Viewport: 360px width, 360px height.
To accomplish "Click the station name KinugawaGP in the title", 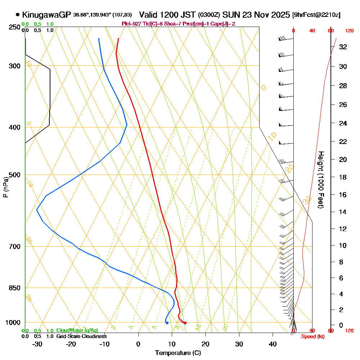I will [46, 15].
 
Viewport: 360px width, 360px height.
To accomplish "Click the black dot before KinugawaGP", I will [18, 15].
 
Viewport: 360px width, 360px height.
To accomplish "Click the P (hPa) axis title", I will [5, 187].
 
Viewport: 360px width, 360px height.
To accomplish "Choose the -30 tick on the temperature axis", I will [37, 344].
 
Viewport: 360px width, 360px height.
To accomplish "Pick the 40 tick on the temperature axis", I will [273, 344].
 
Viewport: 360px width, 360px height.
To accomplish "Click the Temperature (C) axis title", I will [178, 353].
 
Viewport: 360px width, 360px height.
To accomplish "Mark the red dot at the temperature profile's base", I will [185, 323].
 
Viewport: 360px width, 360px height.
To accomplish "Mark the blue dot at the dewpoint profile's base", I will [167, 323].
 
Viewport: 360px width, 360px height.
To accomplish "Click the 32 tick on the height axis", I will [343, 47].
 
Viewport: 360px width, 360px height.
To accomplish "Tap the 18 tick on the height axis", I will [343, 177].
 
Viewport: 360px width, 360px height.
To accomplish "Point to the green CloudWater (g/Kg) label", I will [77, 330].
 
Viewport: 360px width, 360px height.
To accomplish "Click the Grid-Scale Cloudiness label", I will [81, 336].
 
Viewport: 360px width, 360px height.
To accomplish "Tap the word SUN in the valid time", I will [230, 15].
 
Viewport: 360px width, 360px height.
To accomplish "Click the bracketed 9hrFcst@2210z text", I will [316, 15].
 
